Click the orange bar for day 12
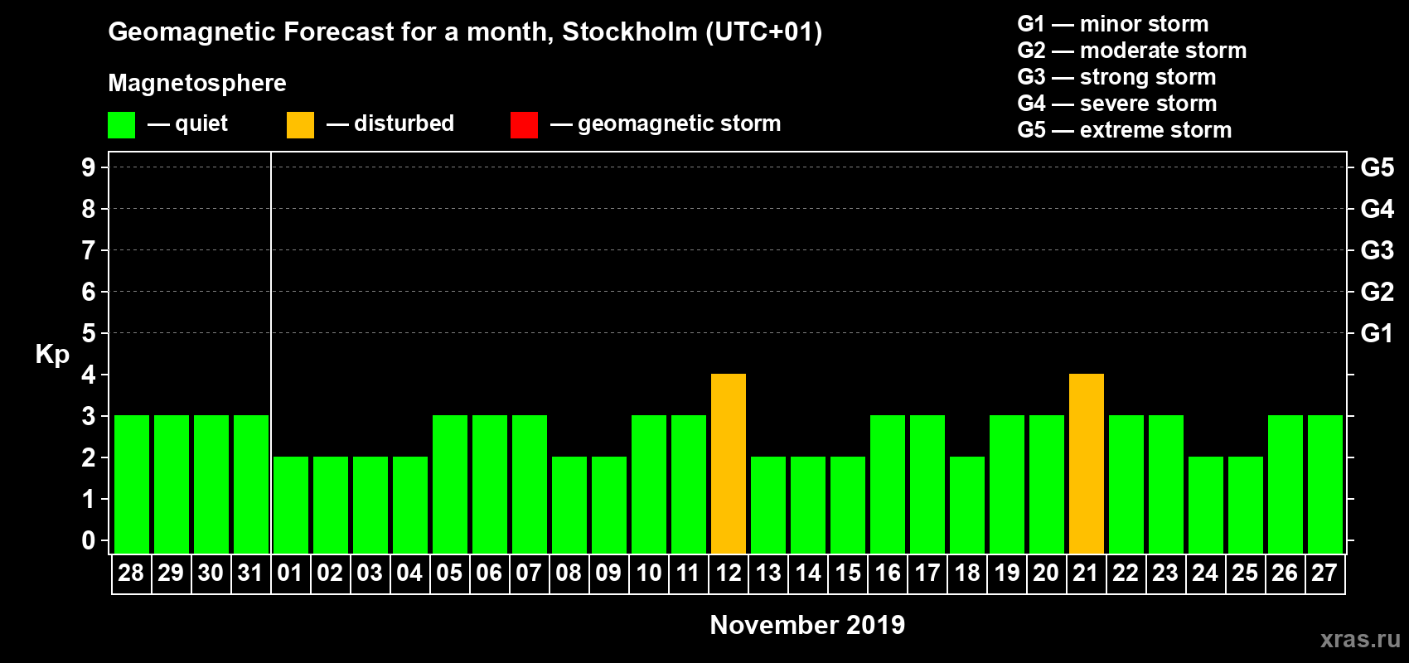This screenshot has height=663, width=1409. tap(729, 463)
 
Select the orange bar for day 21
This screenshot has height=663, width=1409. tap(1087, 463)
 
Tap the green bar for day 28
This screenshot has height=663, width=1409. tap(132, 484)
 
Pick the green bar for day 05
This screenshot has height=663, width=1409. tap(450, 484)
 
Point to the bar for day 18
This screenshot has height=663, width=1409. tap(967, 505)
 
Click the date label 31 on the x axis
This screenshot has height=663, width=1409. tap(250, 573)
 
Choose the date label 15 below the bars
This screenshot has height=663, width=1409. tap(848, 573)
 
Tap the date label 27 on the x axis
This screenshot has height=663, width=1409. tap(1324, 573)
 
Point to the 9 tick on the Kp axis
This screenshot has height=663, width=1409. tap(89, 167)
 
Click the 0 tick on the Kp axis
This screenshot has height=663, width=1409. tap(89, 540)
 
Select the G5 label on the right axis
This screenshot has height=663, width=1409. tap(1377, 167)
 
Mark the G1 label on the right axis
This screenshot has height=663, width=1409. tap(1377, 333)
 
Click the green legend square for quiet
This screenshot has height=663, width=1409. tap(122, 125)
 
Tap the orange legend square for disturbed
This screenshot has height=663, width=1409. tap(300, 125)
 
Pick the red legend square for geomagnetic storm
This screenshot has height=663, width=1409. tap(524, 125)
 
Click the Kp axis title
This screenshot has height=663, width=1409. tap(52, 354)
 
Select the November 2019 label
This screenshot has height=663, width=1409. tap(807, 625)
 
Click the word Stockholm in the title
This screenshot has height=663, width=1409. tap(630, 32)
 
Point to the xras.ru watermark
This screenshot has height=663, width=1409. tap(1360, 639)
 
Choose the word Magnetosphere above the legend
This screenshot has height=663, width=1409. tap(197, 83)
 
